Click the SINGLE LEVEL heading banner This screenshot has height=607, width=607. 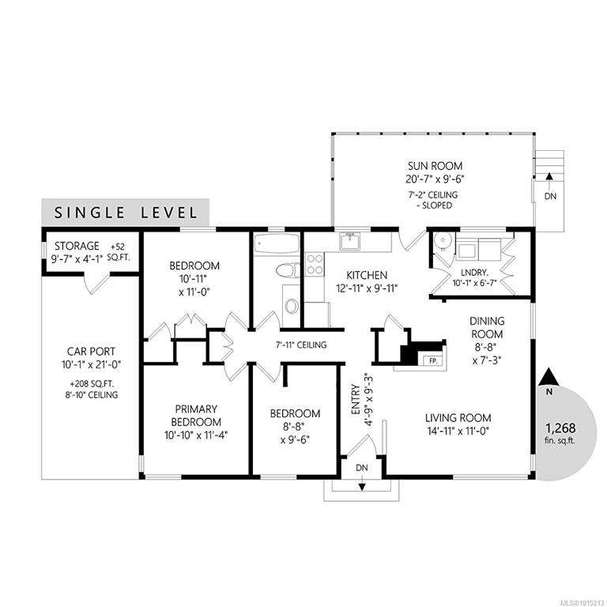coord(126,211)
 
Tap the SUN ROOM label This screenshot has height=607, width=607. coord(435,166)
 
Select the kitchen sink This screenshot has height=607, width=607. coord(350,240)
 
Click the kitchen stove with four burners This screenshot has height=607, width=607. coord(314,265)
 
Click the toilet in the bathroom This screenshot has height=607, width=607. coord(288,270)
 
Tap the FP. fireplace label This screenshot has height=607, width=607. coord(433,360)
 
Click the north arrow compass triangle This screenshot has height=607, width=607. coord(549,377)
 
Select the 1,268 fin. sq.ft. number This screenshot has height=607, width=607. coord(560,428)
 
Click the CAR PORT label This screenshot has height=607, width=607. coord(91,352)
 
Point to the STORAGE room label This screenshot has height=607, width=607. coord(77,246)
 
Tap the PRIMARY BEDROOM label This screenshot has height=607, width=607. coord(196,416)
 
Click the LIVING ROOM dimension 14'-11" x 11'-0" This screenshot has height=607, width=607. coord(458,431)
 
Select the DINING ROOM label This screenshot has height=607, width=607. coord(487,327)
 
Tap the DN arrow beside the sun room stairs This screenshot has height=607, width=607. coord(549,176)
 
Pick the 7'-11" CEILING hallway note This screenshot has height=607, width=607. coord(301,345)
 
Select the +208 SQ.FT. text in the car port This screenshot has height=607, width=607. coord(92,384)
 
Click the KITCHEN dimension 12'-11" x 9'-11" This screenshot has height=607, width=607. coord(367,288)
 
